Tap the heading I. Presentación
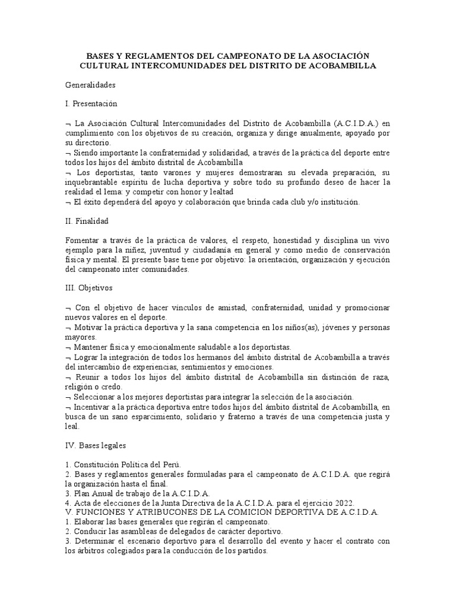(x=91, y=104)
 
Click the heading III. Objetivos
(x=88, y=288)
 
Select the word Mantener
(x=92, y=347)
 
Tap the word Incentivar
(x=96, y=406)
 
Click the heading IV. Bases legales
(x=95, y=445)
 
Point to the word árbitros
(x=84, y=550)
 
